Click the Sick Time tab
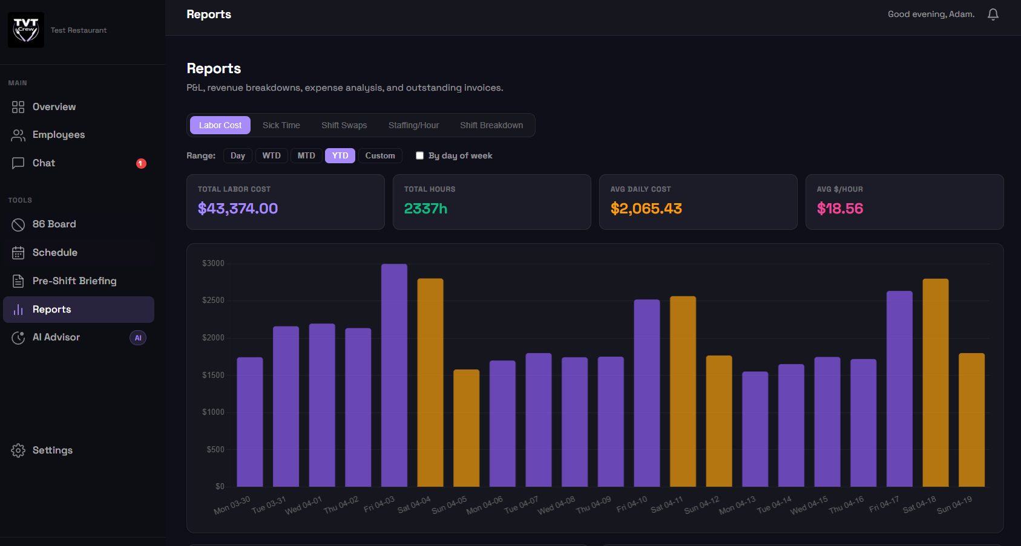281,125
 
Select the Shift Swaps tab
344,125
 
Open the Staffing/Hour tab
413,125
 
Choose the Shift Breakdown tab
491,125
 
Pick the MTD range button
306,155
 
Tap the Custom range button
379,155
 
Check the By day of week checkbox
419,155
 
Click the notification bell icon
993,15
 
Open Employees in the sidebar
58,135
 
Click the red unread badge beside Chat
141,163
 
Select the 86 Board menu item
54,224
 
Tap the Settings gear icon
18,450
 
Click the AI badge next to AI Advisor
138,338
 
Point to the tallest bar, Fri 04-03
394,375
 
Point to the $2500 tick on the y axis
213,301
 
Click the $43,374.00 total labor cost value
238,209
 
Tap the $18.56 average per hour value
839,209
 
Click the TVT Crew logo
26,30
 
